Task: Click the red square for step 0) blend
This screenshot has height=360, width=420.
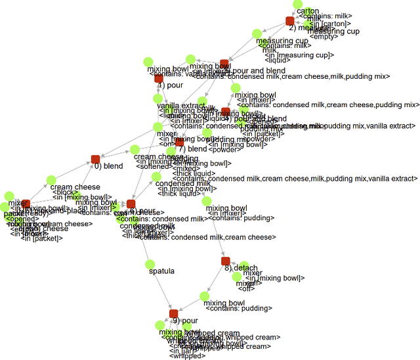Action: tap(95, 159)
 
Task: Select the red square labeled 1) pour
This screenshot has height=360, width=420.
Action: tap(159, 78)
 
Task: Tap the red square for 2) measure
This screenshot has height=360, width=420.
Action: tap(290, 21)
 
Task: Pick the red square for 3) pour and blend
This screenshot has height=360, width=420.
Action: tap(224, 64)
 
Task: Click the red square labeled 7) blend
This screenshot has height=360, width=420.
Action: tap(180, 142)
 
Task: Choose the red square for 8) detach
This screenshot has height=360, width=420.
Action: tap(226, 261)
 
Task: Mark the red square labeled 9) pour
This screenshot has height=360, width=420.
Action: tap(174, 314)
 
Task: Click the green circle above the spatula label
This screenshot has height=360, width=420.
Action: tap(149, 263)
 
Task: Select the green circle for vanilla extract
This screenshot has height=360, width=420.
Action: tap(158, 99)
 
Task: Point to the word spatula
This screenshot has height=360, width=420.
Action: tap(162, 271)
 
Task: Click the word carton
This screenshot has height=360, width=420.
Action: tap(308, 11)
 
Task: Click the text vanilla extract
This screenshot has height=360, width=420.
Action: tap(181, 106)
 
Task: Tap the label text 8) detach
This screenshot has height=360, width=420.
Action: tap(241, 268)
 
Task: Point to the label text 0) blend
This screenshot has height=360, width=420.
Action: tap(109, 166)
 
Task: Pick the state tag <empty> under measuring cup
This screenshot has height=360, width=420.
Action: tap(325, 37)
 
